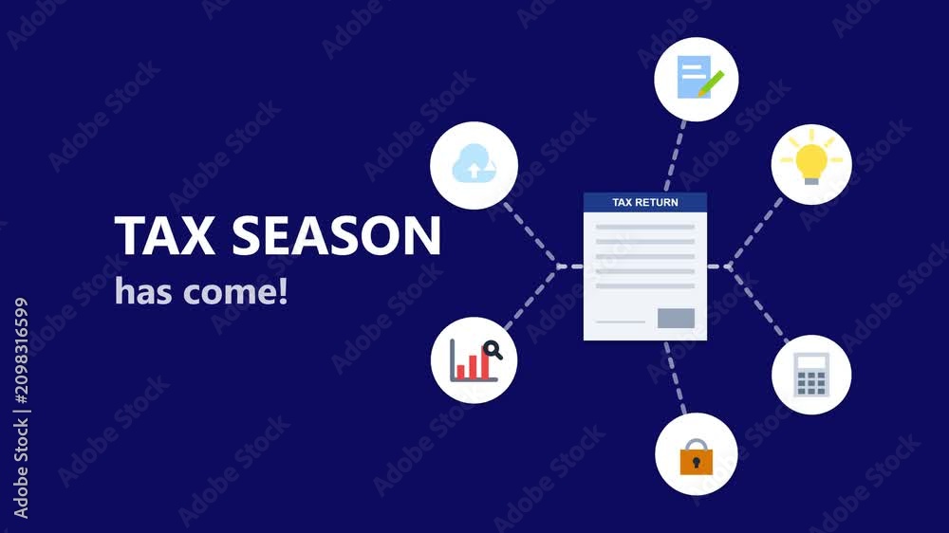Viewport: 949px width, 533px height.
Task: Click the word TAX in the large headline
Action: coord(164,235)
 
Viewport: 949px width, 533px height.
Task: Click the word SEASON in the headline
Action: coord(337,235)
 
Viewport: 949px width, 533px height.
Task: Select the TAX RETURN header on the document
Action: coord(645,203)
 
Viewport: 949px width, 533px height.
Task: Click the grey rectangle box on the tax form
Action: coord(676,319)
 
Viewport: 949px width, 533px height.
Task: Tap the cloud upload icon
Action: coord(474,164)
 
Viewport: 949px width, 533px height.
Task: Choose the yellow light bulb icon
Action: coord(811,158)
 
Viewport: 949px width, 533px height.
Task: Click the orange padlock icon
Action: coord(697,457)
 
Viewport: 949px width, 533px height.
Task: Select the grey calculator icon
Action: coord(811,376)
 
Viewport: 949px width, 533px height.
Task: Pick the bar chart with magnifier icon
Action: coord(475,360)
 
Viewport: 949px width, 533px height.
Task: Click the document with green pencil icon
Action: coord(700,77)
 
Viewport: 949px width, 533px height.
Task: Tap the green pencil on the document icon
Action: coord(711,83)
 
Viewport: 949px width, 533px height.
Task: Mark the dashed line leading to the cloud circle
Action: coord(530,235)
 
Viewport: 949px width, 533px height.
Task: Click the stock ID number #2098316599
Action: coord(21,351)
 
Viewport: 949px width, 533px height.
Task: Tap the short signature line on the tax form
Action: coord(621,322)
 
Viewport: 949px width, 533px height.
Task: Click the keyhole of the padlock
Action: coord(697,463)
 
